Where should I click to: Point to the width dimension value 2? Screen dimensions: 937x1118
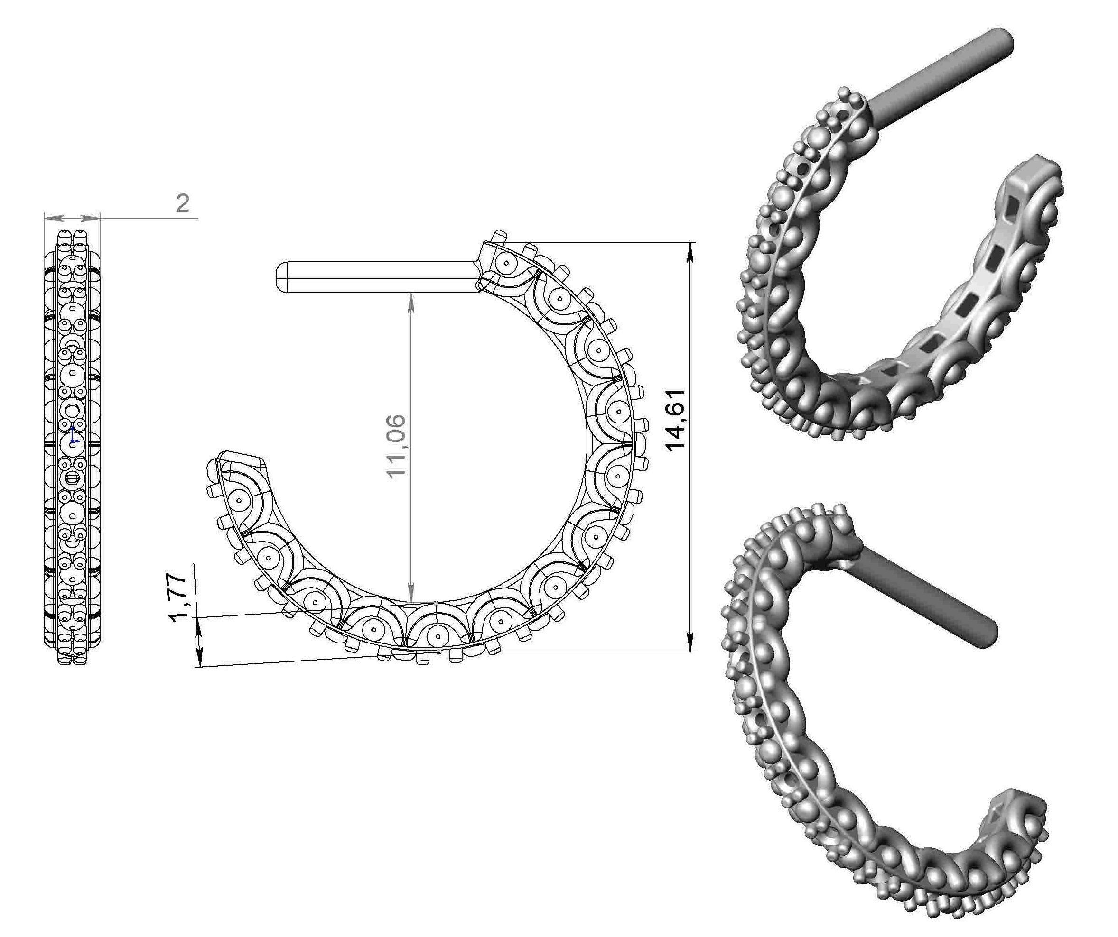(x=183, y=203)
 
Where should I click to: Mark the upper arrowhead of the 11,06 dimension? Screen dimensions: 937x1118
(x=411, y=300)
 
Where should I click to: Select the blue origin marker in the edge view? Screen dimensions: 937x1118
(x=73, y=441)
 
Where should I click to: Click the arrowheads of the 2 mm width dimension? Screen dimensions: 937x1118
(x=72, y=218)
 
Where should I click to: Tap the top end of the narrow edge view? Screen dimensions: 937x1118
(x=72, y=232)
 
